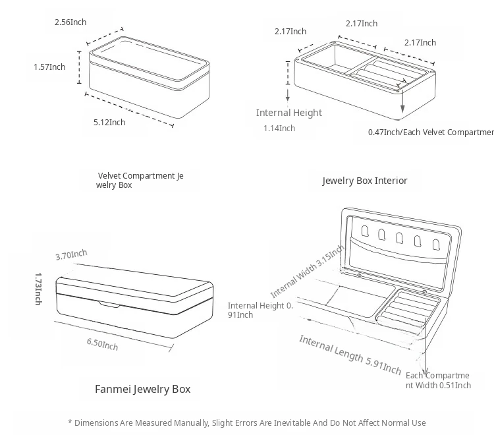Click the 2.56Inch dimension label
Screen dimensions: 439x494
tap(70, 22)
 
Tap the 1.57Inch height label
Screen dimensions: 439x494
tap(49, 67)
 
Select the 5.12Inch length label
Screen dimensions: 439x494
tap(109, 122)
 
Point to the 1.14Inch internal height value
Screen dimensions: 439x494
tap(279, 128)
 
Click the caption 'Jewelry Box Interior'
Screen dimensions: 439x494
tap(364, 181)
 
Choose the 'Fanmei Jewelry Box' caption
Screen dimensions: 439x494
tap(142, 389)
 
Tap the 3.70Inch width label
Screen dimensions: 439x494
tap(71, 255)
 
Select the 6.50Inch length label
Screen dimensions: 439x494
tap(102, 343)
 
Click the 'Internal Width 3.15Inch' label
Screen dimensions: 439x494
tap(307, 272)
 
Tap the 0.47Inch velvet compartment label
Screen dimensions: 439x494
tap(430, 132)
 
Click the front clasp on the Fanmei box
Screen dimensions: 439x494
tap(110, 304)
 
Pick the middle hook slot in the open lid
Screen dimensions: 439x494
tap(398, 237)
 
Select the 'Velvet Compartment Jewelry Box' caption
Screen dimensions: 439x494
tap(141, 181)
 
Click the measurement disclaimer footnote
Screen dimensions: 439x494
tap(247, 423)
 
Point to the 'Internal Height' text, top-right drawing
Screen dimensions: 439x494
tap(289, 113)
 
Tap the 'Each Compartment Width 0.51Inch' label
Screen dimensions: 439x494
tap(438, 380)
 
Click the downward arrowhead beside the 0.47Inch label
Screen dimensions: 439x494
tap(402, 110)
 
